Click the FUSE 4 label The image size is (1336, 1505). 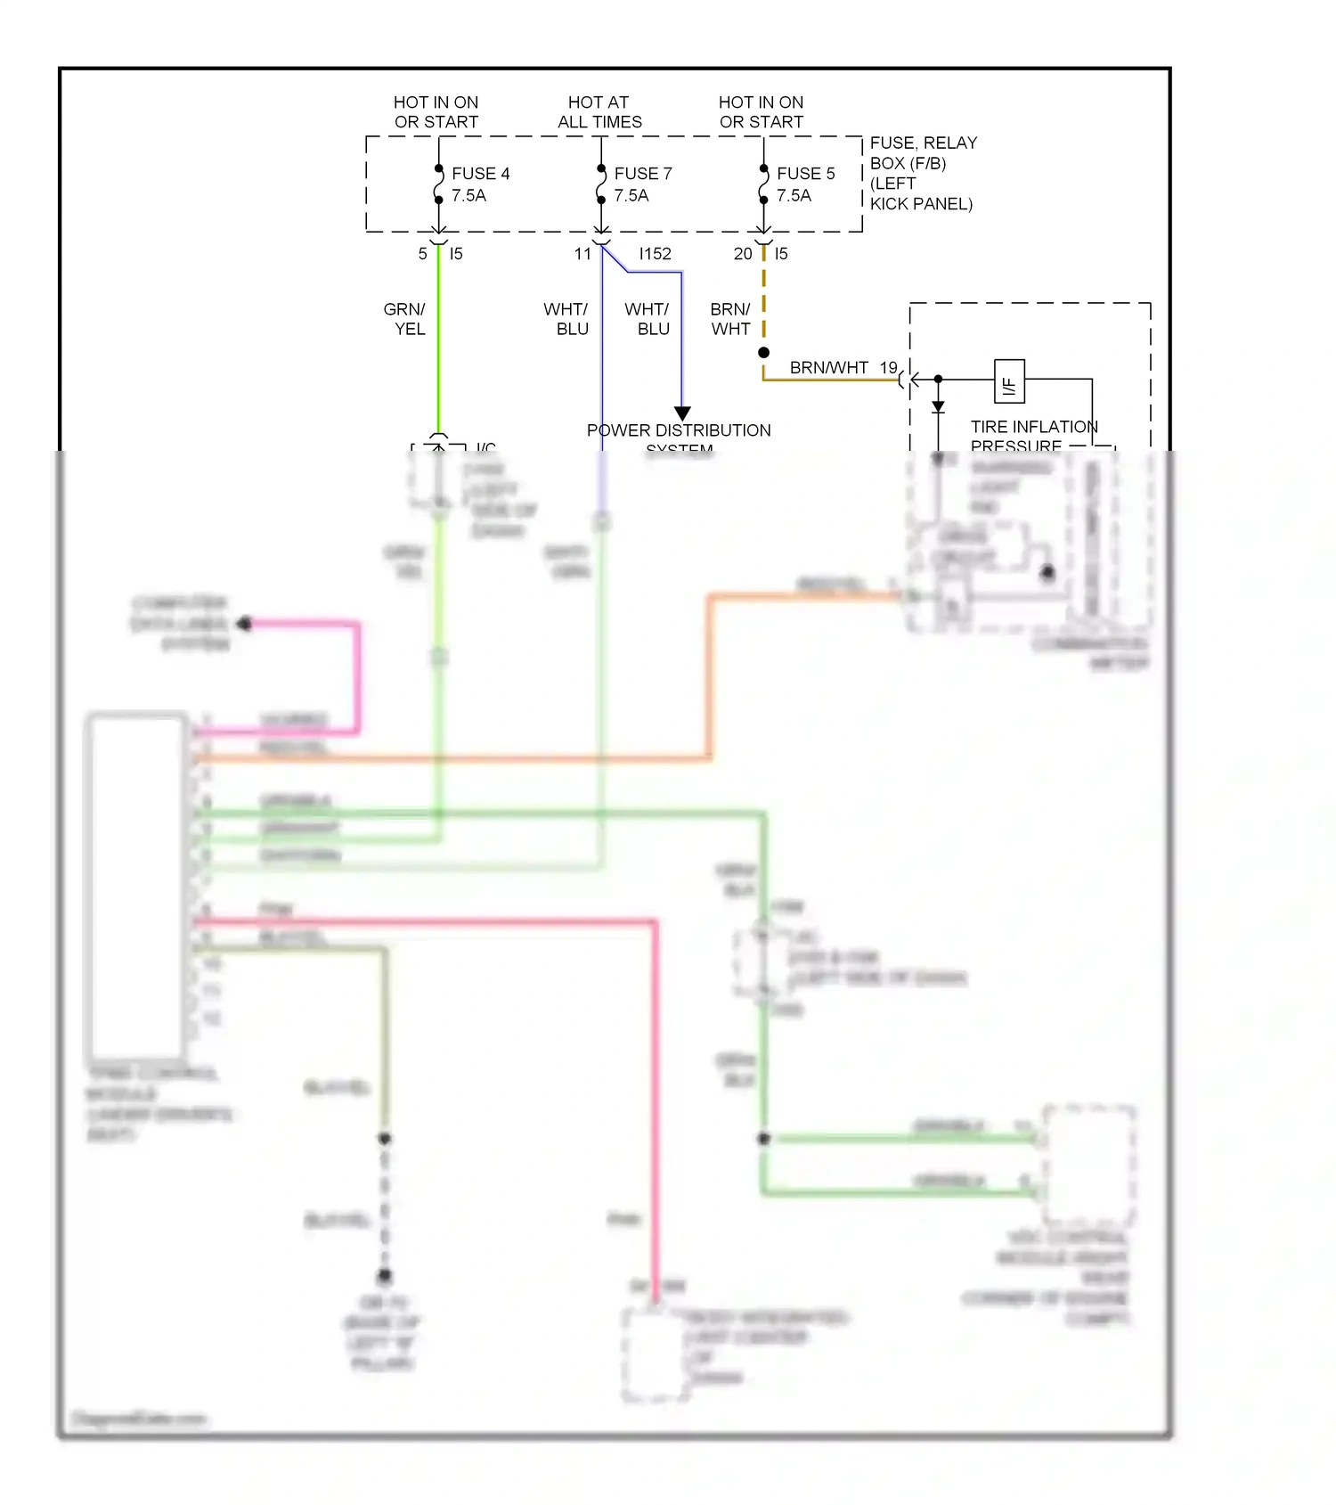tap(480, 173)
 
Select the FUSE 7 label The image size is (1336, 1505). tap(642, 173)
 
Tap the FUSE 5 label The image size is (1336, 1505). tap(805, 173)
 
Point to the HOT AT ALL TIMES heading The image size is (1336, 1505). tap(599, 112)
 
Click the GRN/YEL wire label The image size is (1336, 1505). tap(404, 319)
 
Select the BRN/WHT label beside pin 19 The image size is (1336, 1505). tap(828, 367)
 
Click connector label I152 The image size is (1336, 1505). tap(655, 254)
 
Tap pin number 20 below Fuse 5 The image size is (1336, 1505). tap(742, 254)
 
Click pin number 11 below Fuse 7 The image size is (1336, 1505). tap(582, 254)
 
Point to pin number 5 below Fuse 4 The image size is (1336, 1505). tap(422, 254)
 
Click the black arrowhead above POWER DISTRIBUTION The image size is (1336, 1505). tap(682, 413)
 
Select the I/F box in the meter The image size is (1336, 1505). tap(1009, 381)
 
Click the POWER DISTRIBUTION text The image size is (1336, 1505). tap(679, 430)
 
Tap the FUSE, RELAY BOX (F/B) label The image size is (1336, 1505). tap(923, 152)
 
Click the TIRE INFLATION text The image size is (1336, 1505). tap(1034, 427)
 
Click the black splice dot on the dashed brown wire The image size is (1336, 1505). tap(763, 353)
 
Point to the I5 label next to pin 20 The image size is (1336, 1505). tap(781, 254)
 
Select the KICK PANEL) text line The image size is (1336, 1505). tap(921, 204)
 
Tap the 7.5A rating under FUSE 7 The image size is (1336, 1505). tap(631, 195)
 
